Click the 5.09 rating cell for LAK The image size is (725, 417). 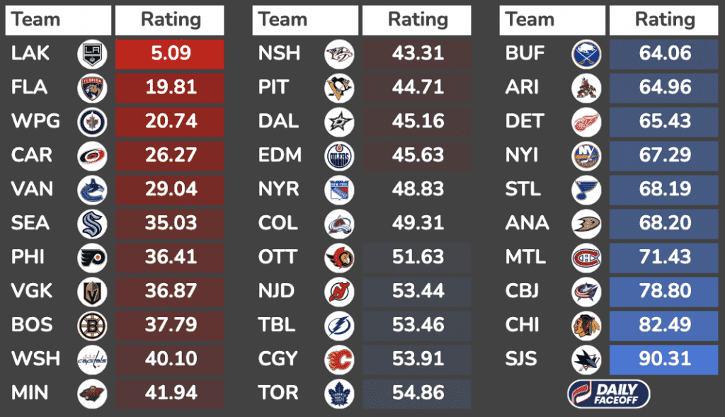tap(170, 54)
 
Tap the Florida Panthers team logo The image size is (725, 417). tap(92, 88)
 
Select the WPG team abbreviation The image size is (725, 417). tap(35, 122)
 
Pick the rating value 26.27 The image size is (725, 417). tap(170, 156)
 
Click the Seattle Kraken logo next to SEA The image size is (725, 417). tap(92, 224)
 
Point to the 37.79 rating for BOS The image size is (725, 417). tap(170, 326)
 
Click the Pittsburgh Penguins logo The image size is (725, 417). tap(339, 88)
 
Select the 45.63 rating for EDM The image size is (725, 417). tap(418, 156)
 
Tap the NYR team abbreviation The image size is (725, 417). tap(279, 190)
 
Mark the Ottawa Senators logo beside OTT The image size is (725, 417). tap(339, 258)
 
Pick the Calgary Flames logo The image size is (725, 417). tap(339, 360)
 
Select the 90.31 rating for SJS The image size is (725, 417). tap(664, 360)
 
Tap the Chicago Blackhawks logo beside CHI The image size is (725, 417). tap(586, 326)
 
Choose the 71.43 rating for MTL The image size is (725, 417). tap(664, 258)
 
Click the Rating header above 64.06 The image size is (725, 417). tap(664, 21)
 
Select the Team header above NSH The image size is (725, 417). tap(283, 21)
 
